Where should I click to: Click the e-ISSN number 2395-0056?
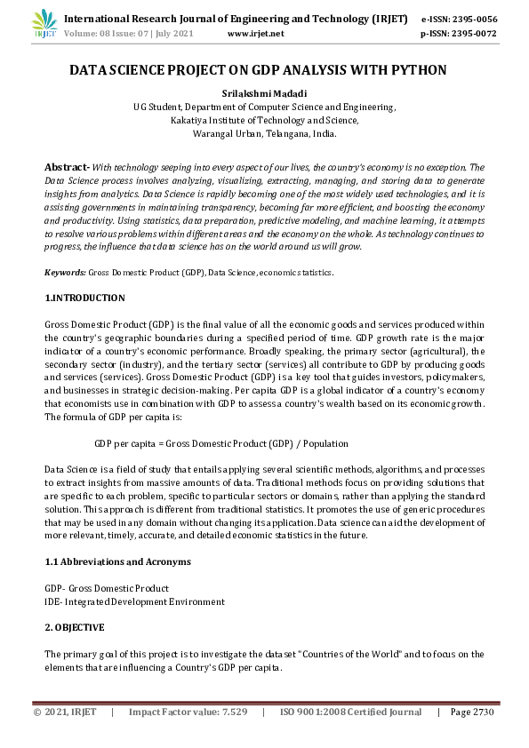[472, 18]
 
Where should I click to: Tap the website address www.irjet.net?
[256, 34]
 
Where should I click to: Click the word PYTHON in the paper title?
[415, 69]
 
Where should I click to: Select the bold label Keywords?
[64, 272]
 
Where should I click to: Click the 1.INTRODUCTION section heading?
[84, 298]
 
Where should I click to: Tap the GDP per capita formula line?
[221, 443]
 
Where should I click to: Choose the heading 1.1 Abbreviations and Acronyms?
[117, 562]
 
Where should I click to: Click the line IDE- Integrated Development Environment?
[134, 601]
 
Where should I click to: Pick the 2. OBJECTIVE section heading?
[75, 627]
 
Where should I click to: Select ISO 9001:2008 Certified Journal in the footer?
[350, 712]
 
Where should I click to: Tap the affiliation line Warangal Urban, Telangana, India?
[264, 133]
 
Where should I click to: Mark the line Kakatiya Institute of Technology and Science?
[264, 120]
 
